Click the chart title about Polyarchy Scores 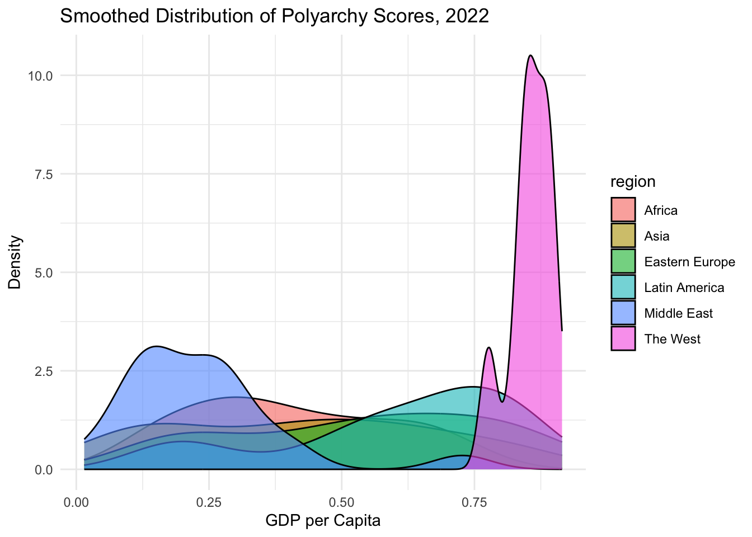274,16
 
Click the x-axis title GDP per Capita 323,521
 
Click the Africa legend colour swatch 623,210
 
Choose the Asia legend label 656,236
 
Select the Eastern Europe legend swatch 623,262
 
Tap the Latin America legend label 684,288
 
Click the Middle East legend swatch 623,313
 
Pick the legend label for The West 672,339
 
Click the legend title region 633,182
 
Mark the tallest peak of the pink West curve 530,55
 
